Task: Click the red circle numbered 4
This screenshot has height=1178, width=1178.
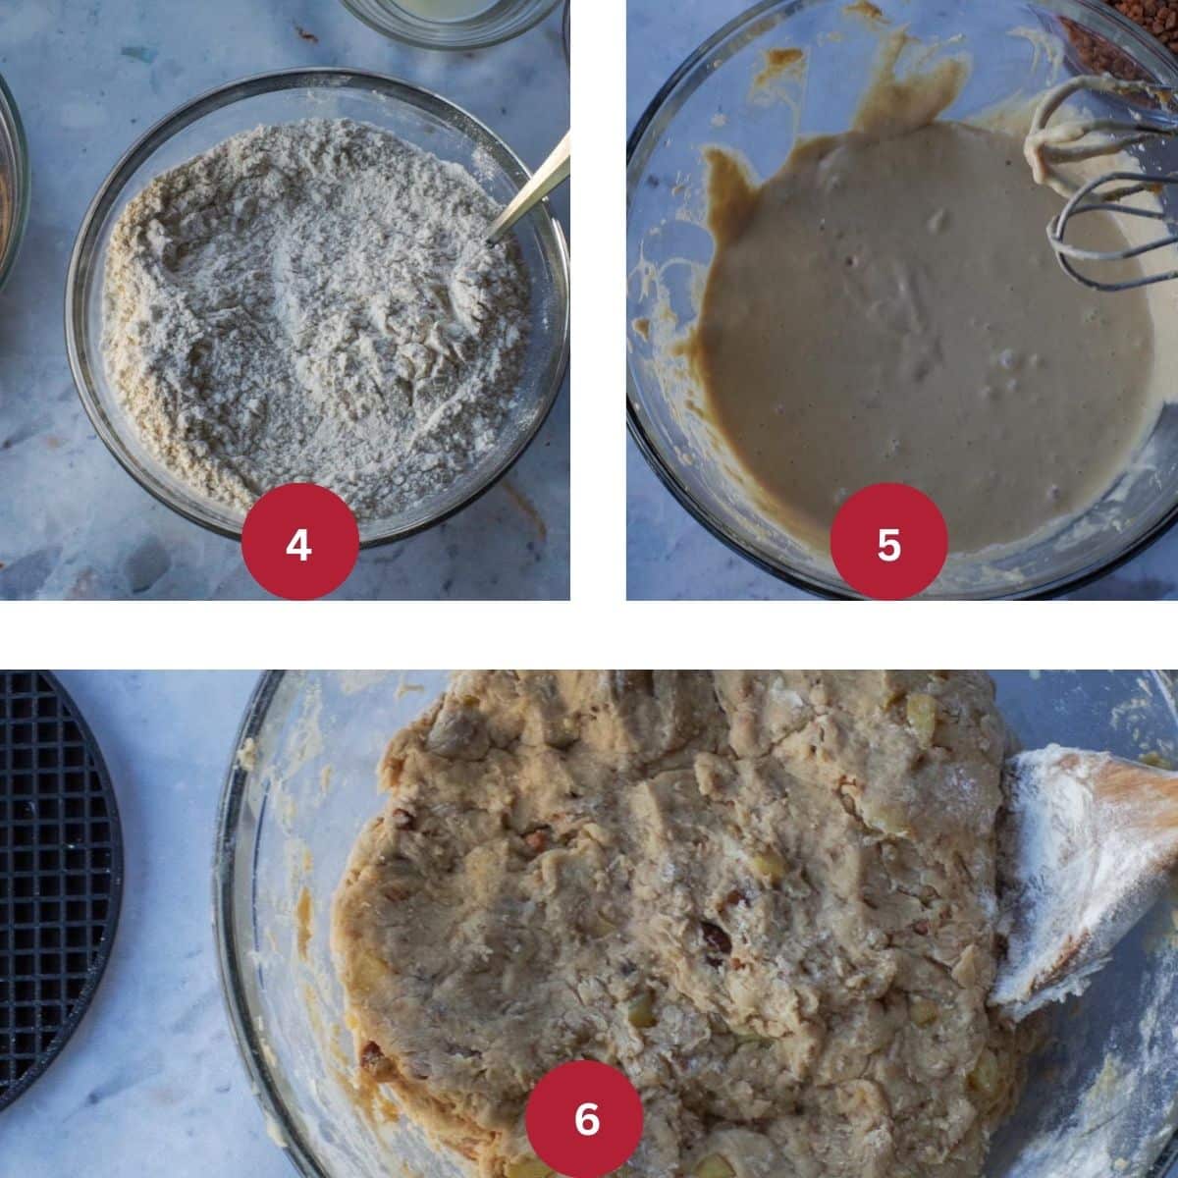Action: (x=299, y=542)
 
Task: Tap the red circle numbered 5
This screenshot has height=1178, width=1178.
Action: (x=888, y=542)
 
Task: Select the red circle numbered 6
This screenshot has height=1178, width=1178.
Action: (x=585, y=1118)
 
